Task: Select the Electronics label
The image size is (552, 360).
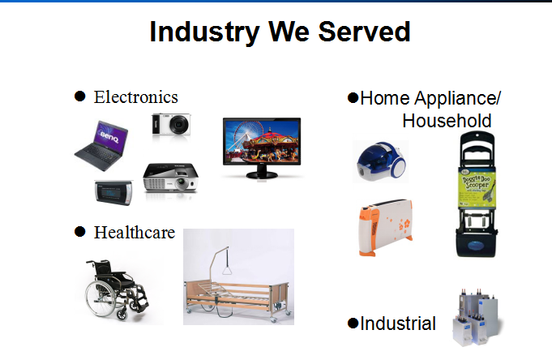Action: (135, 97)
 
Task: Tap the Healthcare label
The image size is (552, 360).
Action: (135, 233)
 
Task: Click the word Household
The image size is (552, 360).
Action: (447, 122)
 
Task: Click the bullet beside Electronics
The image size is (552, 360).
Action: (80, 96)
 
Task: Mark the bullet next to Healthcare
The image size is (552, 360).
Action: (80, 232)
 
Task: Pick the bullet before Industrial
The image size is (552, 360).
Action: (353, 324)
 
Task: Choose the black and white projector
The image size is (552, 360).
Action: (170, 177)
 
